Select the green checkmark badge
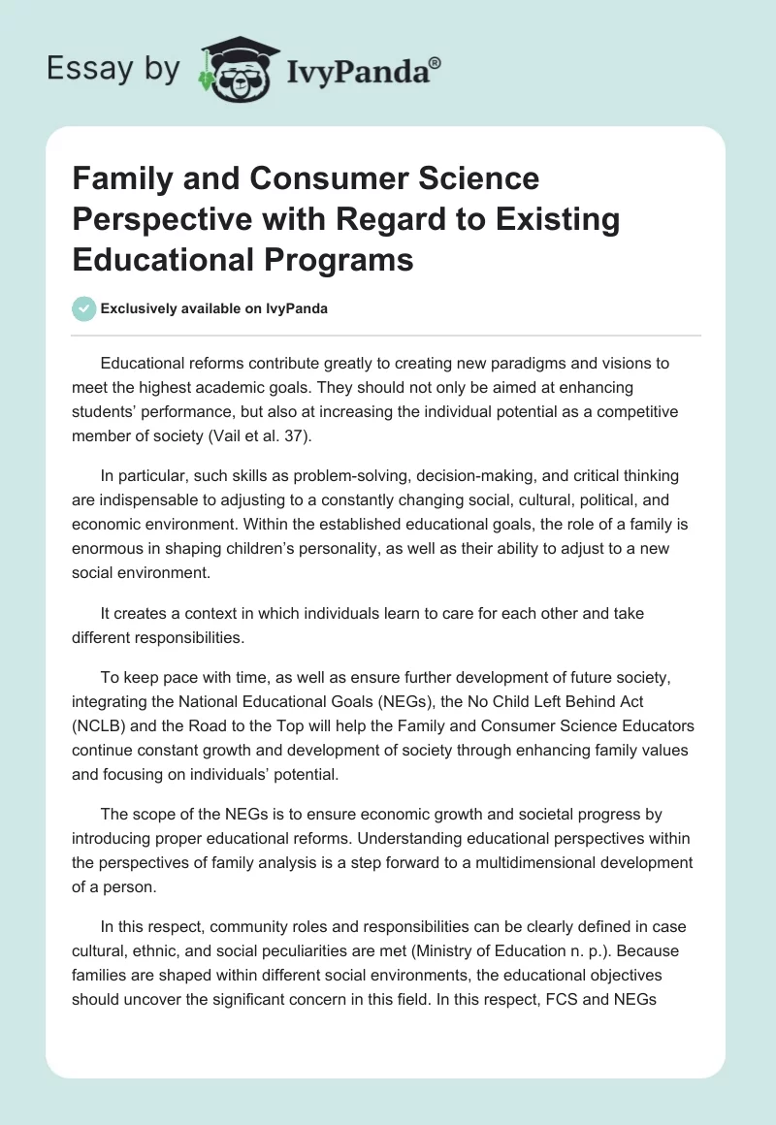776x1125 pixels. [83, 309]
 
